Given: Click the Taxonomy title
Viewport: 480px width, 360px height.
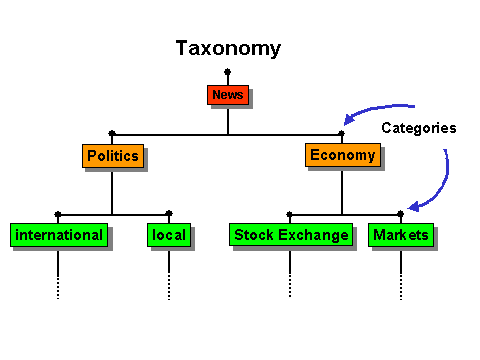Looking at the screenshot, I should [x=228, y=48].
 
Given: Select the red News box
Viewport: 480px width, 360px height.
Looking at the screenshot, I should [x=227, y=95].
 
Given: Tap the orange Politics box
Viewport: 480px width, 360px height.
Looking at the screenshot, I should [x=112, y=156].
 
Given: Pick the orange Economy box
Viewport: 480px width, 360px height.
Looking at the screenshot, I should [x=342, y=155].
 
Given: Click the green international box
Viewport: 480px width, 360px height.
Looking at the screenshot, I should [x=58, y=236].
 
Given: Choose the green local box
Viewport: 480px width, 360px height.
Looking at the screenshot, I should [x=168, y=236].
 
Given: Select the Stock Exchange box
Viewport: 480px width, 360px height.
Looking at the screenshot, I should [x=291, y=236].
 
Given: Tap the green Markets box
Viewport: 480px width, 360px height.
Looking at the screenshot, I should [x=400, y=236].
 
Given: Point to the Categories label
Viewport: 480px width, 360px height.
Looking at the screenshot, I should [x=418, y=128].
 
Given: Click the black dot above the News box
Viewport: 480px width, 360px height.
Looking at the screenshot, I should [x=228, y=71].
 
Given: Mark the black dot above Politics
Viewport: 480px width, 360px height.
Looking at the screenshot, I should [x=112, y=132].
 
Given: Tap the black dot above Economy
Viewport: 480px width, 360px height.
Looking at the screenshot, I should [x=342, y=132].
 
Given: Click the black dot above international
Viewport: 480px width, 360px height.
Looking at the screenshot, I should [x=58, y=213].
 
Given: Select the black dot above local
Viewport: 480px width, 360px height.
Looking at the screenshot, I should [x=169, y=213].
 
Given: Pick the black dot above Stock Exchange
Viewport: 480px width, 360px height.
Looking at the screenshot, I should [x=290, y=213].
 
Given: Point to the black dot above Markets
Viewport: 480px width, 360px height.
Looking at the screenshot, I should [x=401, y=213].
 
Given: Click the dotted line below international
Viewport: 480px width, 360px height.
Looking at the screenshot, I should [x=58, y=275].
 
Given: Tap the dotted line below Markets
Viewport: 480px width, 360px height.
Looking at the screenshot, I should [x=401, y=275].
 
